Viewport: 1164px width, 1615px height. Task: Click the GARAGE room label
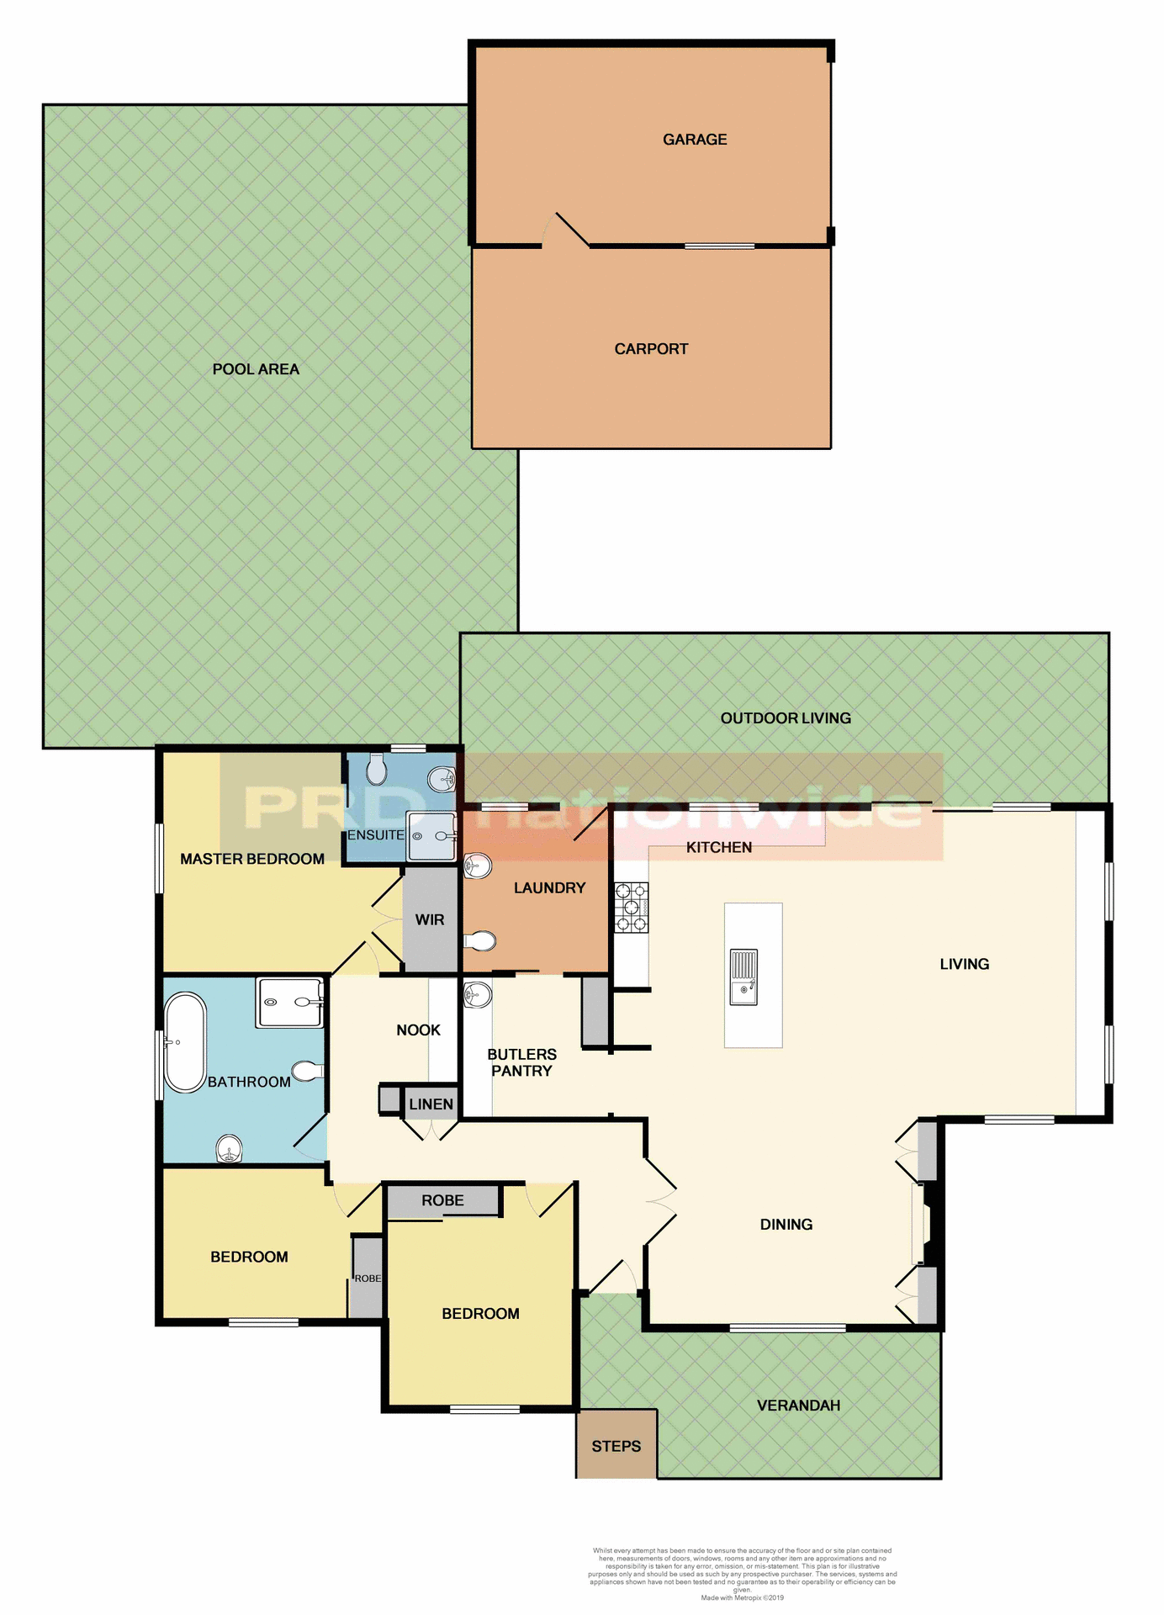point(695,140)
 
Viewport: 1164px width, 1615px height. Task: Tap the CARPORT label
point(651,349)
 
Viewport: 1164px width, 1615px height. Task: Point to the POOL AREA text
point(256,369)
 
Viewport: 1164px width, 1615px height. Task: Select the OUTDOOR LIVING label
point(786,718)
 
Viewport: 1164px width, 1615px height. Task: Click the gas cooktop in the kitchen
point(632,907)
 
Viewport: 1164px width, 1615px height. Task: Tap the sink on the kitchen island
point(744,977)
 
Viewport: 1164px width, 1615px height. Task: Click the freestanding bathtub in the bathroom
point(185,1043)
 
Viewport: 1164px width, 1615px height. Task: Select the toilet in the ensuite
point(377,767)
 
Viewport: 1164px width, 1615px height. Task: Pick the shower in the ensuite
point(431,836)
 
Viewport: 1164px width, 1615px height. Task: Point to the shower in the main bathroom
point(290,1003)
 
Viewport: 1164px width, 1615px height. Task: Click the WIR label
point(430,920)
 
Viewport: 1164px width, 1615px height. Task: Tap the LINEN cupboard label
point(431,1104)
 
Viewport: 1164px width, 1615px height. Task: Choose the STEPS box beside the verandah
point(616,1447)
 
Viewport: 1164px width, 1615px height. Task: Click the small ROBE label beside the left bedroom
point(368,1279)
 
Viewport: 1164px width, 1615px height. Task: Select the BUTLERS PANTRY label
point(521,1062)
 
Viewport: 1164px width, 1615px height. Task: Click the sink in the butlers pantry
point(477,995)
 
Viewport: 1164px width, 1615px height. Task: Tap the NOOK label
point(418,1030)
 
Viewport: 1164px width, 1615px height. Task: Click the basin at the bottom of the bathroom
point(229,1148)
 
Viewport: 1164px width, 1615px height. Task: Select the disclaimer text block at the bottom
point(742,1573)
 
